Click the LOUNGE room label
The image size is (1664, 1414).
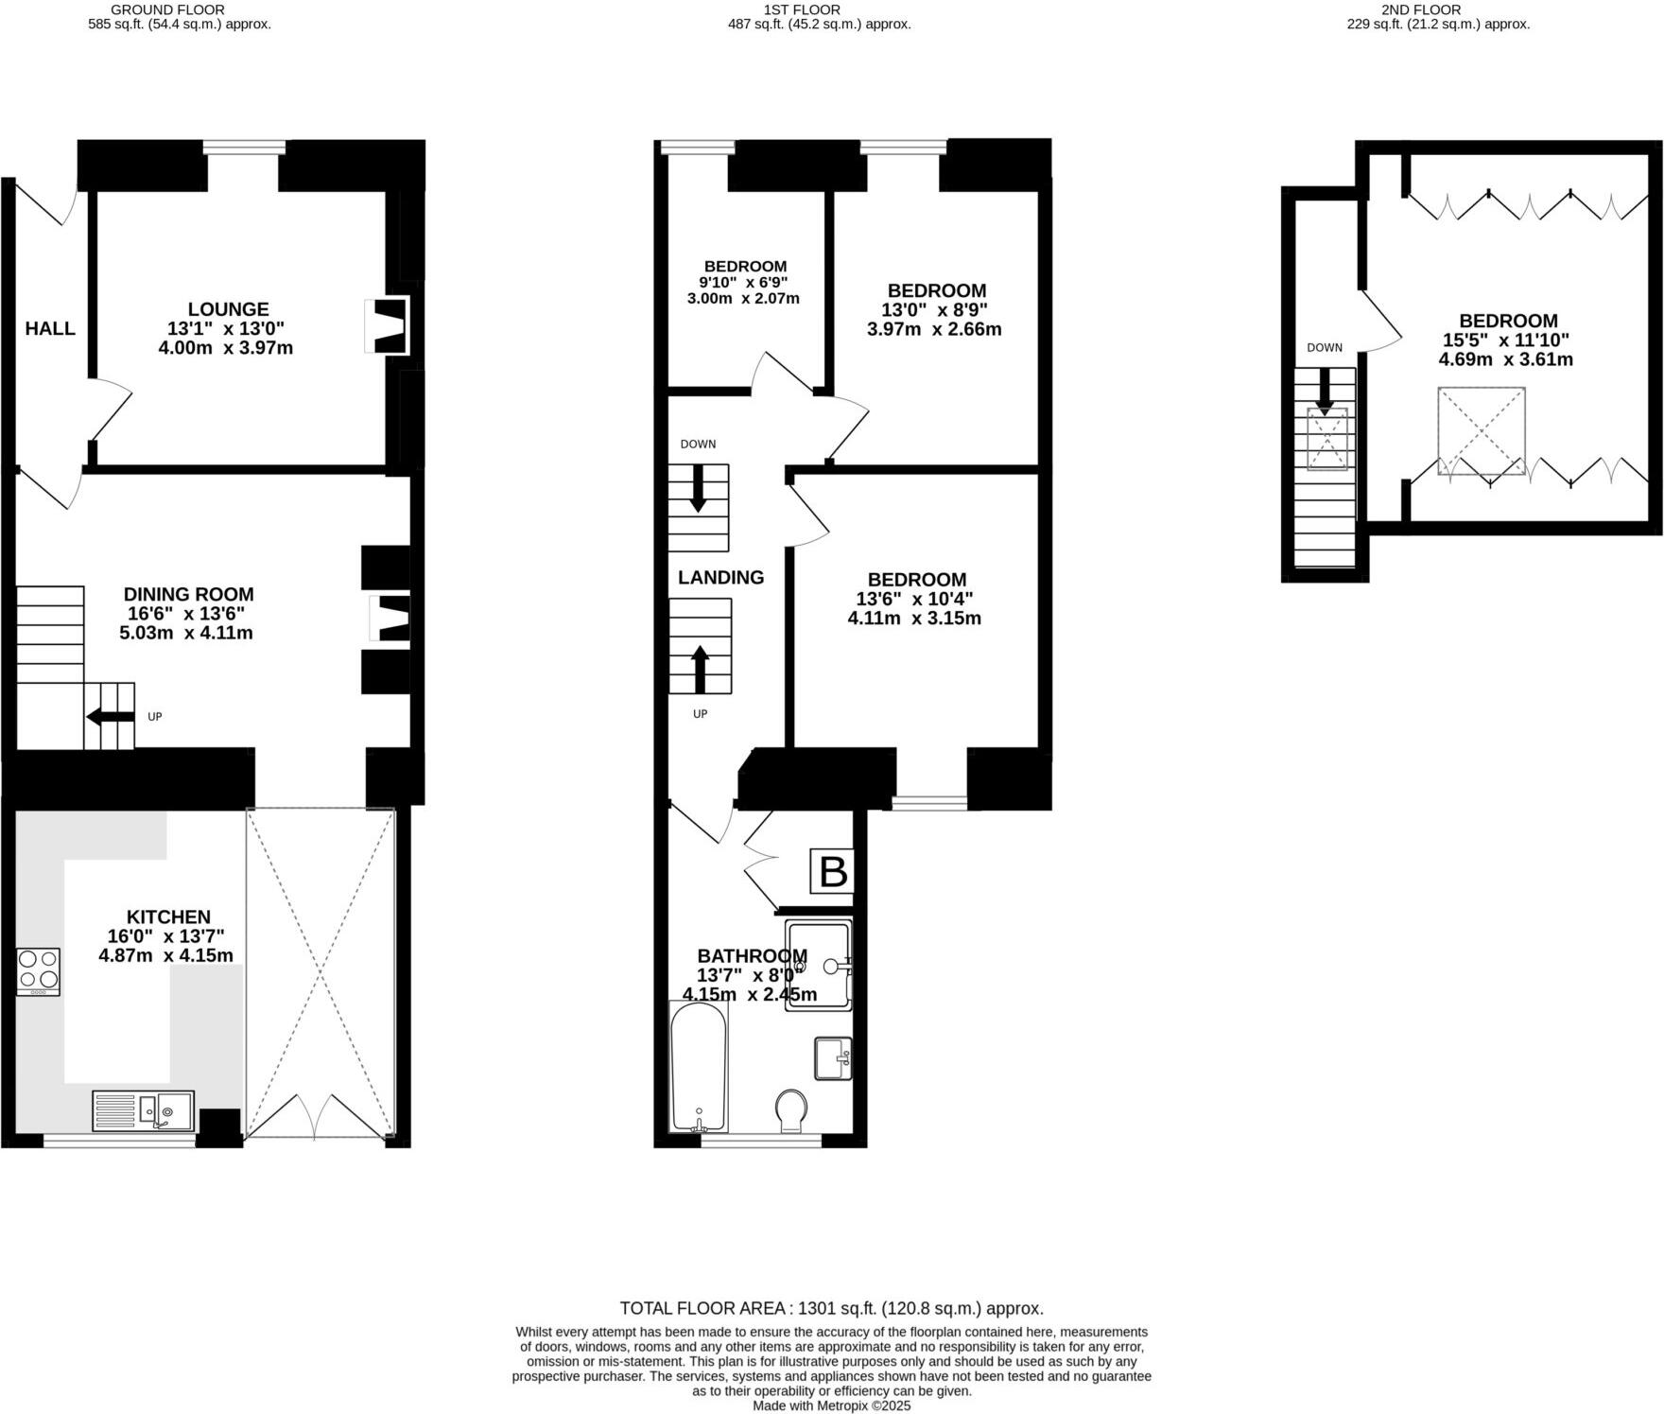(228, 309)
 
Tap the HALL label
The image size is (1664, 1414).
(50, 328)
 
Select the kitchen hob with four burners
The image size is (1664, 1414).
(38, 971)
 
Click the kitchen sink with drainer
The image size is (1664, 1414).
(143, 1110)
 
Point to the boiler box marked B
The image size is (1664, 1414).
(833, 872)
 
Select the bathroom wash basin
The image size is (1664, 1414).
(833, 1058)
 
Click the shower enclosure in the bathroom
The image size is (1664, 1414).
(819, 965)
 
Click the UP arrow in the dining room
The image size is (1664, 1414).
(110, 717)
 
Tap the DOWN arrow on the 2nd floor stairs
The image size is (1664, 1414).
(1325, 390)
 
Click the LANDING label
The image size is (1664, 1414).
(720, 577)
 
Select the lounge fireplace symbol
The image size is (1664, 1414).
(388, 326)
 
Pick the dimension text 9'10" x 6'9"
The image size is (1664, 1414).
(743, 282)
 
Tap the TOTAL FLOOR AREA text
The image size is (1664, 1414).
(831, 1308)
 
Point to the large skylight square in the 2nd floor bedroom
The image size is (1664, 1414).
(1481, 430)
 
